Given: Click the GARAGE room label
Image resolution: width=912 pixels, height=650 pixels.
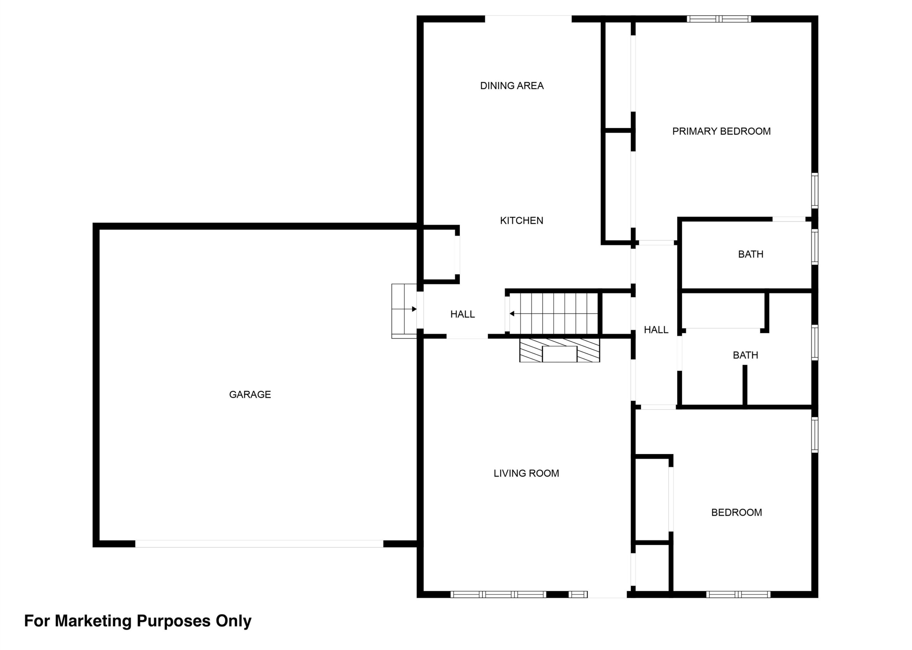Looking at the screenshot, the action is [x=250, y=395].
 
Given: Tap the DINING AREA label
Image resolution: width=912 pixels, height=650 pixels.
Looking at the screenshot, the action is [x=512, y=86].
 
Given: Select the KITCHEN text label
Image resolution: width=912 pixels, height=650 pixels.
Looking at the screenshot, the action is [x=521, y=221].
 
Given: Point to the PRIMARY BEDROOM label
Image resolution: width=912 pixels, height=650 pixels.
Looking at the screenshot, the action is [x=721, y=131].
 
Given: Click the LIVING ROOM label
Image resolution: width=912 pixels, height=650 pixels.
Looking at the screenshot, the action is [x=526, y=473].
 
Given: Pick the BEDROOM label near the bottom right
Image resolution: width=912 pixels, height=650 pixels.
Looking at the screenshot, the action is [x=736, y=512].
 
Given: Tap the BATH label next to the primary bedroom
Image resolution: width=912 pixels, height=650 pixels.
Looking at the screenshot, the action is [x=751, y=254].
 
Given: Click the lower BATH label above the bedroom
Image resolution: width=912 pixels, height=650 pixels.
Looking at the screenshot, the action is [x=745, y=355].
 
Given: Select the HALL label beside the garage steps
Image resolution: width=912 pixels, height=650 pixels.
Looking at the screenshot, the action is [x=462, y=314].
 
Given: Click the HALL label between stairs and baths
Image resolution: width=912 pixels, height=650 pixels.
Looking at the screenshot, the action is [x=656, y=330].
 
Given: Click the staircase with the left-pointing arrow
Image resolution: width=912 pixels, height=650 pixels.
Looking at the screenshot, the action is [x=554, y=313].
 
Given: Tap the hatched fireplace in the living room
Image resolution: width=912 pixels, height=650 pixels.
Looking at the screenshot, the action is [x=559, y=350].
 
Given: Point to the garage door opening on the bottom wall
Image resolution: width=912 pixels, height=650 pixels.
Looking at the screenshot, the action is [x=259, y=544].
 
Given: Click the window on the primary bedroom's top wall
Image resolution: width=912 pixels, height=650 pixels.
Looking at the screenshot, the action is [x=719, y=19].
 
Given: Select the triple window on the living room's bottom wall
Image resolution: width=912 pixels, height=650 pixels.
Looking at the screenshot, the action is [x=498, y=594].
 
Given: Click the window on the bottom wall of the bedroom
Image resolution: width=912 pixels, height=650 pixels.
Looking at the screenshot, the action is [x=738, y=594].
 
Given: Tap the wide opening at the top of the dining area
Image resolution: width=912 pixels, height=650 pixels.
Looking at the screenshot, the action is [x=528, y=19].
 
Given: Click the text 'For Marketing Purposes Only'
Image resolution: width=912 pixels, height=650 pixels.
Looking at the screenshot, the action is [x=138, y=621].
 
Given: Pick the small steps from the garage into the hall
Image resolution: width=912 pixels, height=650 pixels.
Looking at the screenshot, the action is [x=404, y=311].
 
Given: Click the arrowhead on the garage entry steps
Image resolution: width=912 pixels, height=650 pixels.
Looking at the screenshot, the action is [x=414, y=309].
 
